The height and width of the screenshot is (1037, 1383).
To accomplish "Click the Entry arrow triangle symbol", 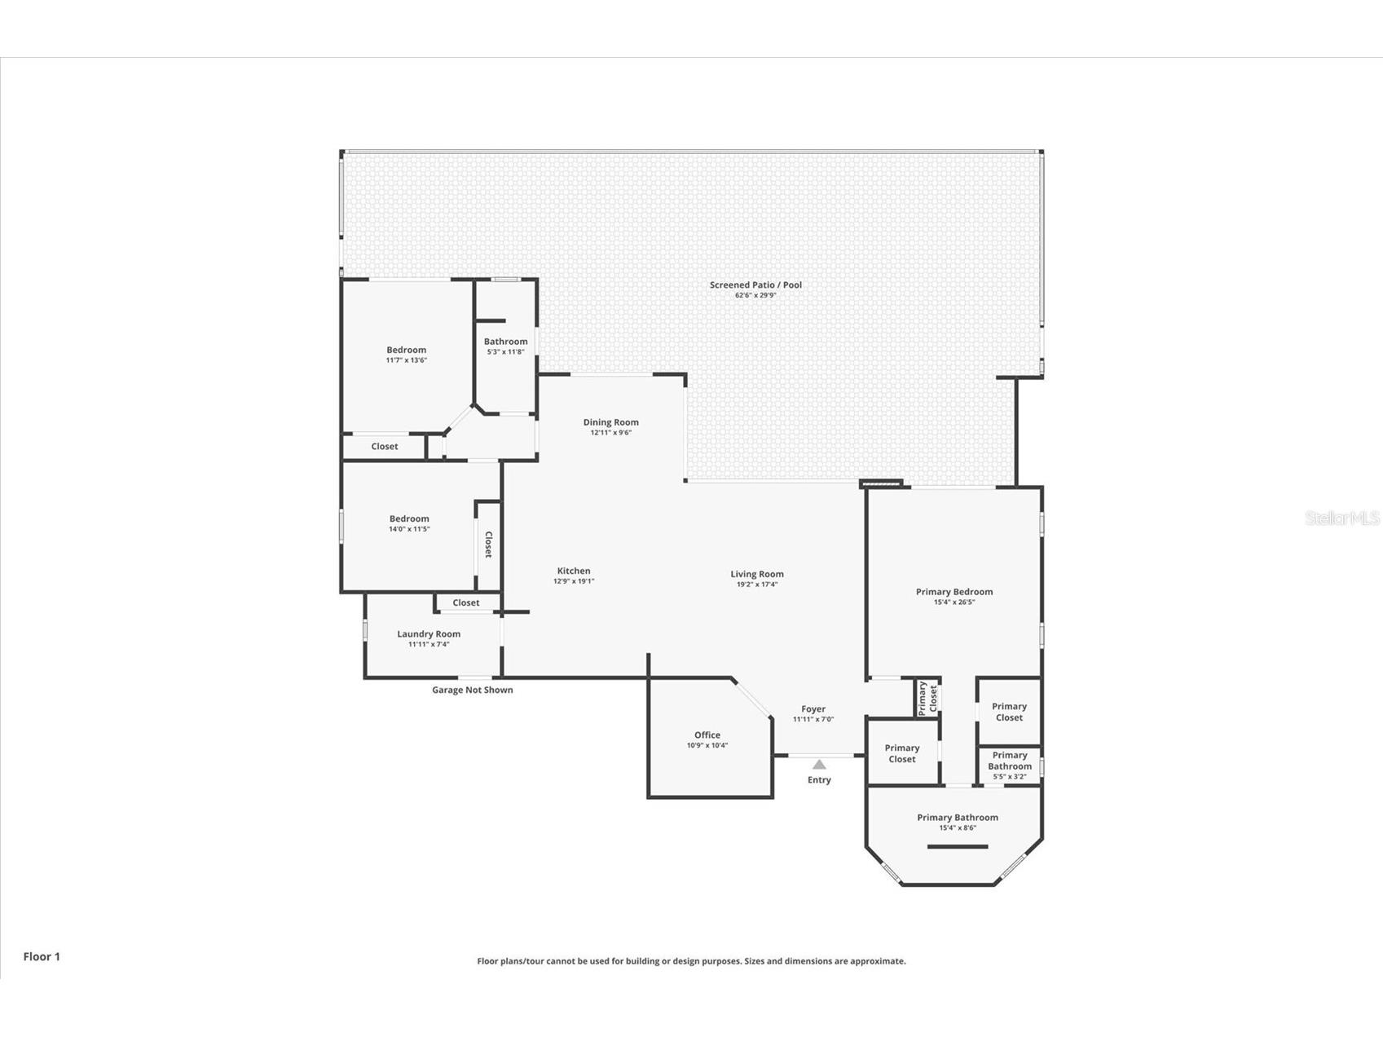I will coord(819,765).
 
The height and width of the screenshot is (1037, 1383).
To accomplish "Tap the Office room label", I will coord(707,735).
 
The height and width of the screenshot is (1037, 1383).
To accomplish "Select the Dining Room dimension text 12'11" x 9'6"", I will coord(610,433).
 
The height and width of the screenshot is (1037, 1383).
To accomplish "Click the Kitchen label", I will coord(574,571).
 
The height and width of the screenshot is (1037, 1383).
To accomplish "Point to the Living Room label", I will coord(756,574).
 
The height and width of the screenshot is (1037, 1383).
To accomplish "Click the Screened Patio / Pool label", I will coord(755,285).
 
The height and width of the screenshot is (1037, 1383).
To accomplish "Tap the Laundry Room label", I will coord(429,633).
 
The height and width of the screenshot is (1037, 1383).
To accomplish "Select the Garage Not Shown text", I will coord(472,690).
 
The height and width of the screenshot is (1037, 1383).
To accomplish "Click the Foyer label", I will coord(813,709).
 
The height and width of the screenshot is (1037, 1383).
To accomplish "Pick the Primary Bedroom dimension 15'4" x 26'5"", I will coord(954,602).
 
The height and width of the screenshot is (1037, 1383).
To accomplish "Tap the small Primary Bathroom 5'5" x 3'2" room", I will coord(1009,766).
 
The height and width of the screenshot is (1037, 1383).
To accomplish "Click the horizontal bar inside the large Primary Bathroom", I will coord(957,846).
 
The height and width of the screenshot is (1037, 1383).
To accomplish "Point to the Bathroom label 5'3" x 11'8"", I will coord(505,342).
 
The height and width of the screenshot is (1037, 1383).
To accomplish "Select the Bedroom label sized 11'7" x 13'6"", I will coord(406,350).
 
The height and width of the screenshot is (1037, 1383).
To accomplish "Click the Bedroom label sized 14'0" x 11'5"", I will coord(408,518).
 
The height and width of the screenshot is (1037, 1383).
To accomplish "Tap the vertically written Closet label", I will coord(488,545).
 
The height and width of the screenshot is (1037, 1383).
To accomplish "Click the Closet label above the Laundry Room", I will coord(465,602).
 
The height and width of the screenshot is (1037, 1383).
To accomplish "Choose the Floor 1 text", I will coord(42,956).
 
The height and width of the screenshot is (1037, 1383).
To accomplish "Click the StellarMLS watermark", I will coord(1341,518).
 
